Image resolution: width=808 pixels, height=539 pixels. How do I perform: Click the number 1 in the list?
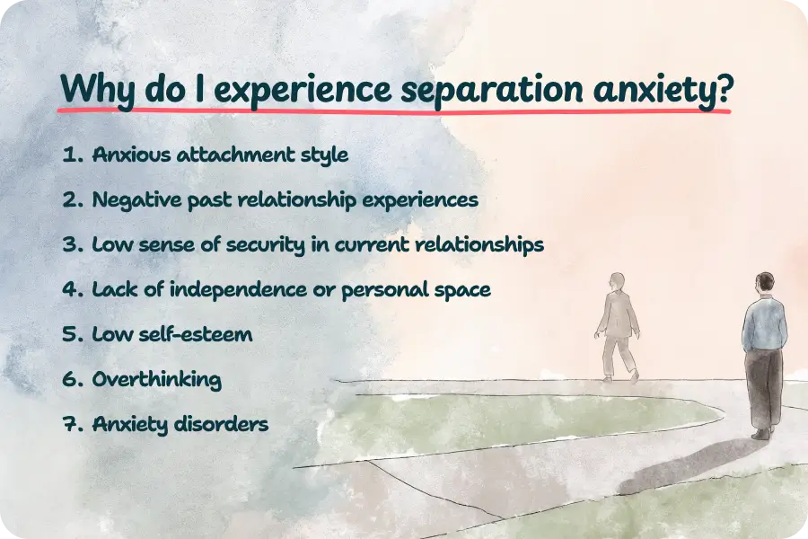pyautogui.click(x=68, y=155)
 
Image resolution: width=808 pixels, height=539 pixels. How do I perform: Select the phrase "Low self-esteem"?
pyautogui.click(x=171, y=334)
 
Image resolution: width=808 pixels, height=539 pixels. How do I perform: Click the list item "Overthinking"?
pyautogui.click(x=156, y=379)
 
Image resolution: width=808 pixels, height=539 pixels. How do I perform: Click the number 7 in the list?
pyautogui.click(x=69, y=424)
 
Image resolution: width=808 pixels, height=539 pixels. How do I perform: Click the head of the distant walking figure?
pyautogui.click(x=617, y=281)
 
